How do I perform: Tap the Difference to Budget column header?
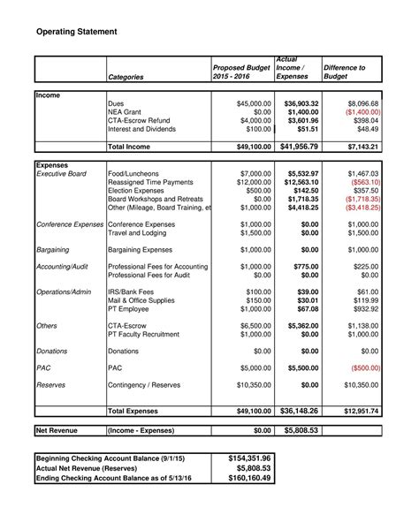[x=345, y=72]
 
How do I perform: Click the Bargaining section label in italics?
[x=53, y=250]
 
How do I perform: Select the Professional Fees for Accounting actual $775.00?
[x=304, y=267]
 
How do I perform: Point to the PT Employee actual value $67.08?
[x=306, y=308]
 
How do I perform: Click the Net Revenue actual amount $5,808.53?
[x=301, y=430]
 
